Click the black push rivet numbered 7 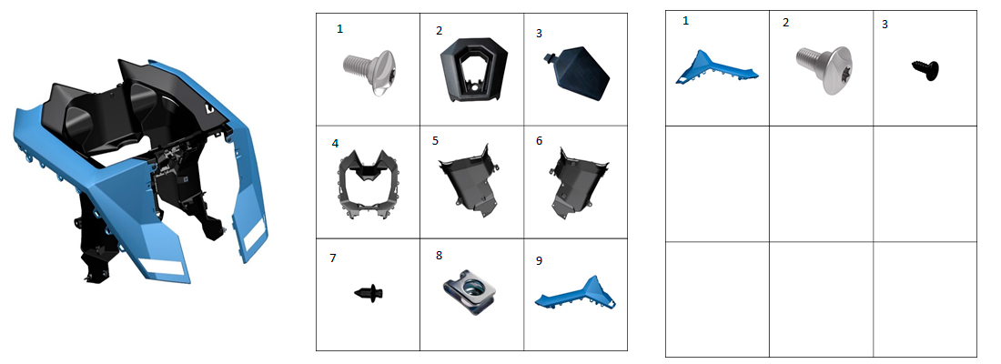coord(369,292)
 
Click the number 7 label coord(332,258)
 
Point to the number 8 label coord(439,255)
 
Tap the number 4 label coord(335,144)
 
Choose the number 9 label coord(540,260)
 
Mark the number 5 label coord(435,140)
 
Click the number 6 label coord(540,140)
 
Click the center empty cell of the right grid coord(821,184)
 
